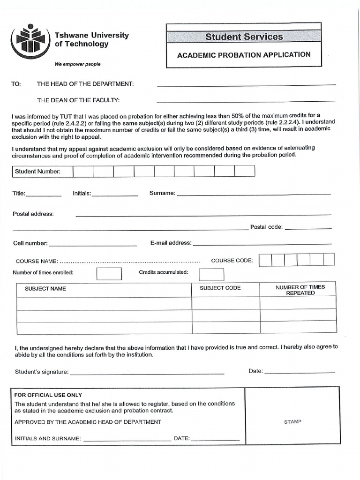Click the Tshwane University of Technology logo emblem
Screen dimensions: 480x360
pos(30,41)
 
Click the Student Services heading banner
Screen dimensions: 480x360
pos(244,37)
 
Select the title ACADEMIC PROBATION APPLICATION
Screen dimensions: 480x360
pos(244,55)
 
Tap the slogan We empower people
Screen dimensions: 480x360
pos(77,64)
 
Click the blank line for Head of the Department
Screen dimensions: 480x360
pos(246,84)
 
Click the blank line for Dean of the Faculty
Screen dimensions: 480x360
pos(246,100)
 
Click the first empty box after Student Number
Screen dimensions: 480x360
pos(83,171)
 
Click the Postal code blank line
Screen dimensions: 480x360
pos(308,228)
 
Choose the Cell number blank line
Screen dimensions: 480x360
pos(93,244)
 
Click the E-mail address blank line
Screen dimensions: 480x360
pos(262,243)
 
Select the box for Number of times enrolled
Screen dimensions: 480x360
pos(109,273)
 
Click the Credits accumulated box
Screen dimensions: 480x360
pos(211,274)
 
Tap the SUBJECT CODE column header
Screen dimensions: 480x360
pos(220,288)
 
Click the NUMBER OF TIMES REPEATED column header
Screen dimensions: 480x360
pos(300,290)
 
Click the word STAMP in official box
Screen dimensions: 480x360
pos(292,422)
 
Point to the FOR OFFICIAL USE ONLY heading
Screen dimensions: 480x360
pos(48,395)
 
